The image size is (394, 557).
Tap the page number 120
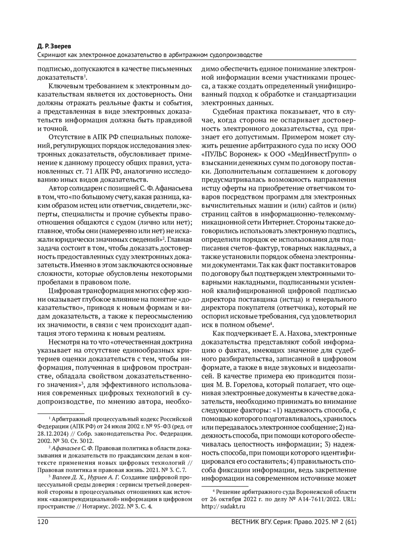(42, 522)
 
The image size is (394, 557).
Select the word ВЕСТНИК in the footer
(245, 522)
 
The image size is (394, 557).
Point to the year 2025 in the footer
(317, 522)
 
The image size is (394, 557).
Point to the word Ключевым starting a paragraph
(63, 86)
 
